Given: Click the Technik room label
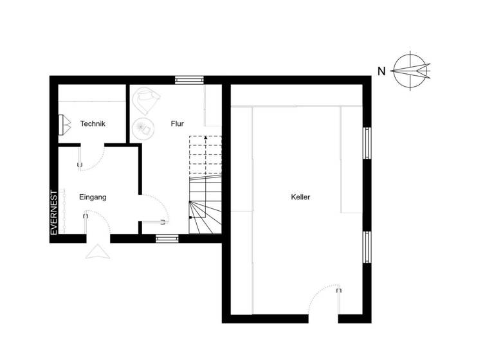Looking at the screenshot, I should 93,124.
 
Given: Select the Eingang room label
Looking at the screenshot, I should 93,197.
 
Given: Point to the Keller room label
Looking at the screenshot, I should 300,197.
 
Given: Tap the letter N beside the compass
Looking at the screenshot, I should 381,71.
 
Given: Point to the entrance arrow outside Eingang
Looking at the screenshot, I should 98,251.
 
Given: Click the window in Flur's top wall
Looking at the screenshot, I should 189,80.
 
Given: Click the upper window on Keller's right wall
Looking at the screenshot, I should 367,142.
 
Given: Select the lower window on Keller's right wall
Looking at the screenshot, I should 367,247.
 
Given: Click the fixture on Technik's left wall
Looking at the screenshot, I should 64,125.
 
